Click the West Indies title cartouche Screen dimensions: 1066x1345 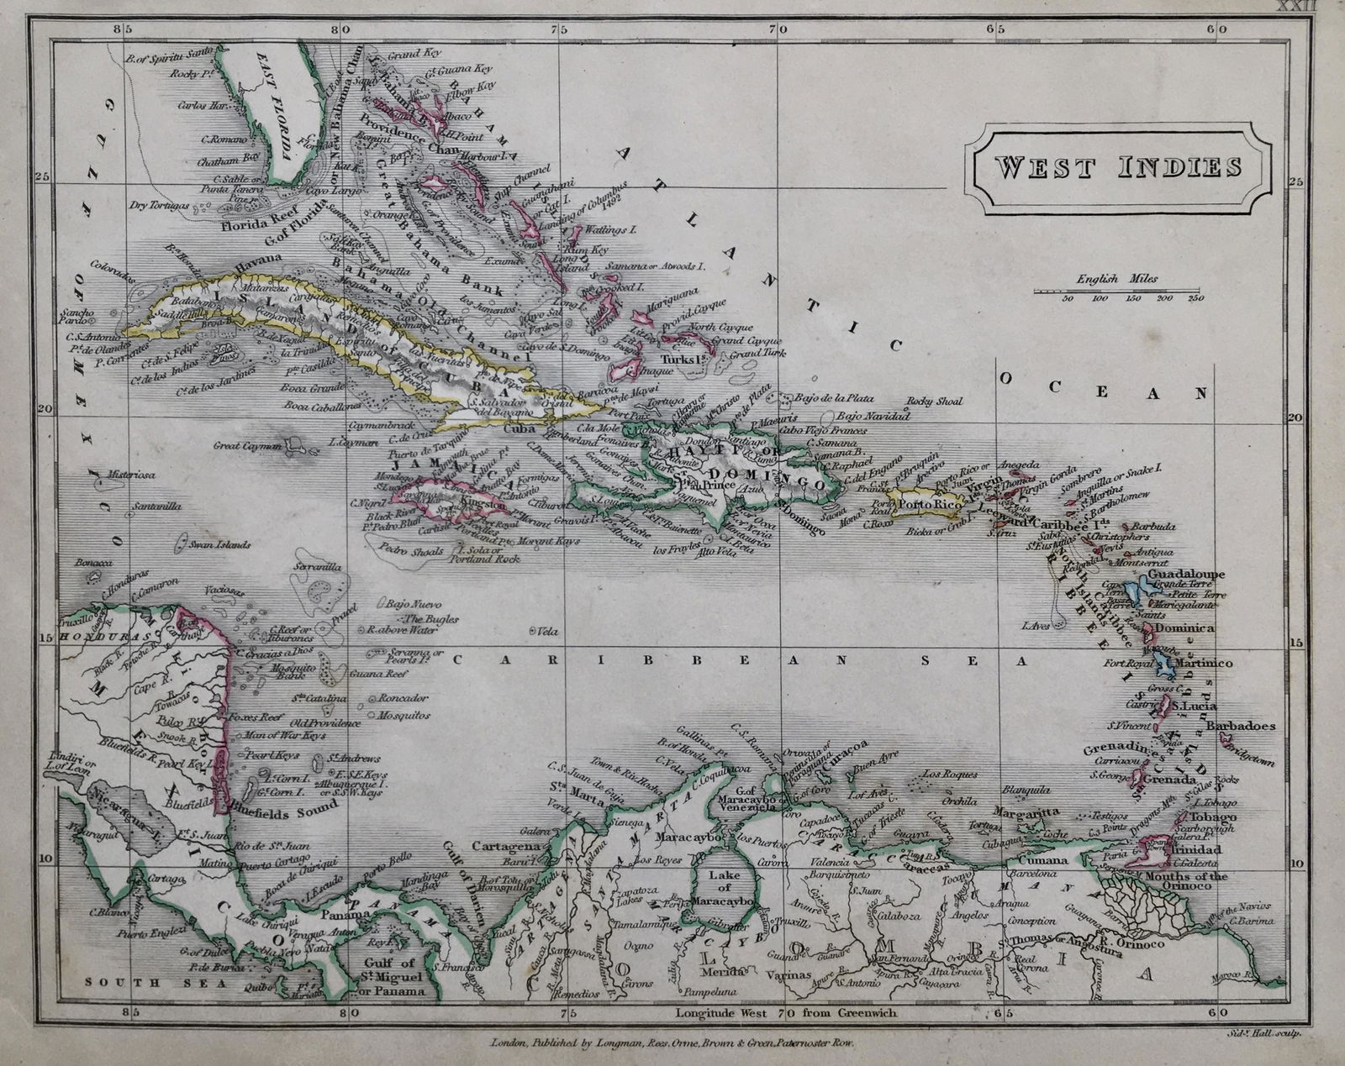pyautogui.click(x=1118, y=167)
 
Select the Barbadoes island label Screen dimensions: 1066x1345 pyautogui.click(x=1241, y=725)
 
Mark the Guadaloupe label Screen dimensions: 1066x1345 pyautogui.click(x=1191, y=575)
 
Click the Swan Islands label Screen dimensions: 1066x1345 pyautogui.click(x=220, y=544)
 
